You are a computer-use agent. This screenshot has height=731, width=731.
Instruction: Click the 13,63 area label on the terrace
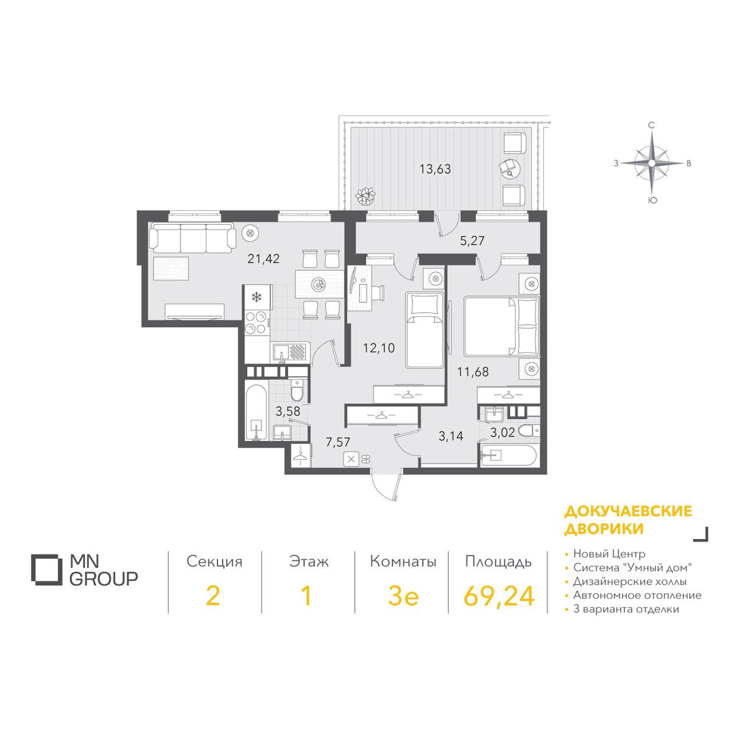pos(435,169)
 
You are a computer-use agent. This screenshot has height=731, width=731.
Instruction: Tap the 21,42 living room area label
pos(263,259)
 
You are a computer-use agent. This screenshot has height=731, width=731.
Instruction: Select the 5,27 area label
pos(472,241)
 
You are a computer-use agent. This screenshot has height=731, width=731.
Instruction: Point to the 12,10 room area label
pos(379,347)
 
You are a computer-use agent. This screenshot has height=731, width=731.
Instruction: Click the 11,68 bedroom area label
pos(473,372)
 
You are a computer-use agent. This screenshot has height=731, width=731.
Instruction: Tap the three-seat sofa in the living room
pos(192,238)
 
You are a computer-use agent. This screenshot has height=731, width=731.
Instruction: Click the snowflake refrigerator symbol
pos(257,297)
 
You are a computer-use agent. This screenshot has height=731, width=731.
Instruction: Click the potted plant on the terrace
pos(365,196)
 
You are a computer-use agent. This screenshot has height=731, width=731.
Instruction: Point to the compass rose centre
pos(651,163)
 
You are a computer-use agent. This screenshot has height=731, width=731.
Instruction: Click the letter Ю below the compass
pos(651,200)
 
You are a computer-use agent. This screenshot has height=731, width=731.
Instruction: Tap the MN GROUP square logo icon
pos(46,570)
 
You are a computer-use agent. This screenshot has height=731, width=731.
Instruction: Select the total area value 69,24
pos(499,596)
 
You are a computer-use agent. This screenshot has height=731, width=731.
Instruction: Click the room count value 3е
pos(403,596)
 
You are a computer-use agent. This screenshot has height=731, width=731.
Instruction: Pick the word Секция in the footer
pos(214,562)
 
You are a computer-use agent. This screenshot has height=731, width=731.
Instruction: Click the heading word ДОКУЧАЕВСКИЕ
pos(628,511)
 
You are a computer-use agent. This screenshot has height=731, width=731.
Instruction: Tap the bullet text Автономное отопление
pos(637,595)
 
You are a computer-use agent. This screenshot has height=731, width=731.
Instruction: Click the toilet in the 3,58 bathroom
pos(296,390)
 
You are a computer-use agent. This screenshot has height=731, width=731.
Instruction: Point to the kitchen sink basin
pos(281,351)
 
